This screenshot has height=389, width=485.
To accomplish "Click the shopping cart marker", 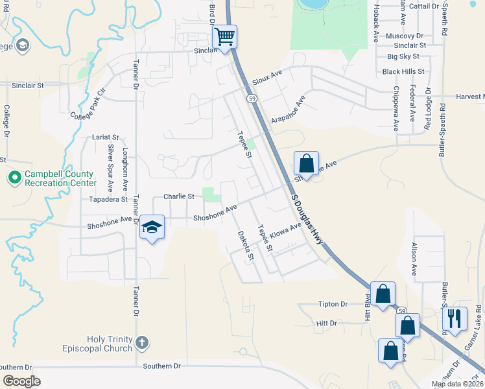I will pyautogui.click(x=224, y=37).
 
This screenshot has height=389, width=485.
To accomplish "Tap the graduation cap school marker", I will pyautogui.click(x=152, y=227).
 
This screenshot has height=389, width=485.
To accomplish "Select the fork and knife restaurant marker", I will pyautogui.click(x=455, y=318).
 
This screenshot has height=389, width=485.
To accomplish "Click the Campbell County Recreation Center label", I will pyautogui.click(x=59, y=178).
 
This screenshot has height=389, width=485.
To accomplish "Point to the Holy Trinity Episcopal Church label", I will pyautogui.click(x=110, y=344).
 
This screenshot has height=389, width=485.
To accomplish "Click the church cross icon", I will pyautogui.click(x=142, y=342).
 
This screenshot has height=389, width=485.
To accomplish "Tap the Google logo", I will pyautogui.click(x=21, y=381).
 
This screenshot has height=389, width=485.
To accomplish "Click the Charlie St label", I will pyautogui.click(x=178, y=196).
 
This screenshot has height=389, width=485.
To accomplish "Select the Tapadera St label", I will pyautogui.click(x=99, y=200).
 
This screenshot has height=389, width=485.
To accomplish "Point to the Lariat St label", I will pyautogui.click(x=106, y=137).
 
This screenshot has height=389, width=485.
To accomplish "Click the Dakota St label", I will pyautogui.click(x=245, y=246).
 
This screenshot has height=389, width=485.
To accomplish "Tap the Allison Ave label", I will pyautogui.click(x=414, y=252).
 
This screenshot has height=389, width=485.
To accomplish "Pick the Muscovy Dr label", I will pyautogui.click(x=403, y=36).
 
